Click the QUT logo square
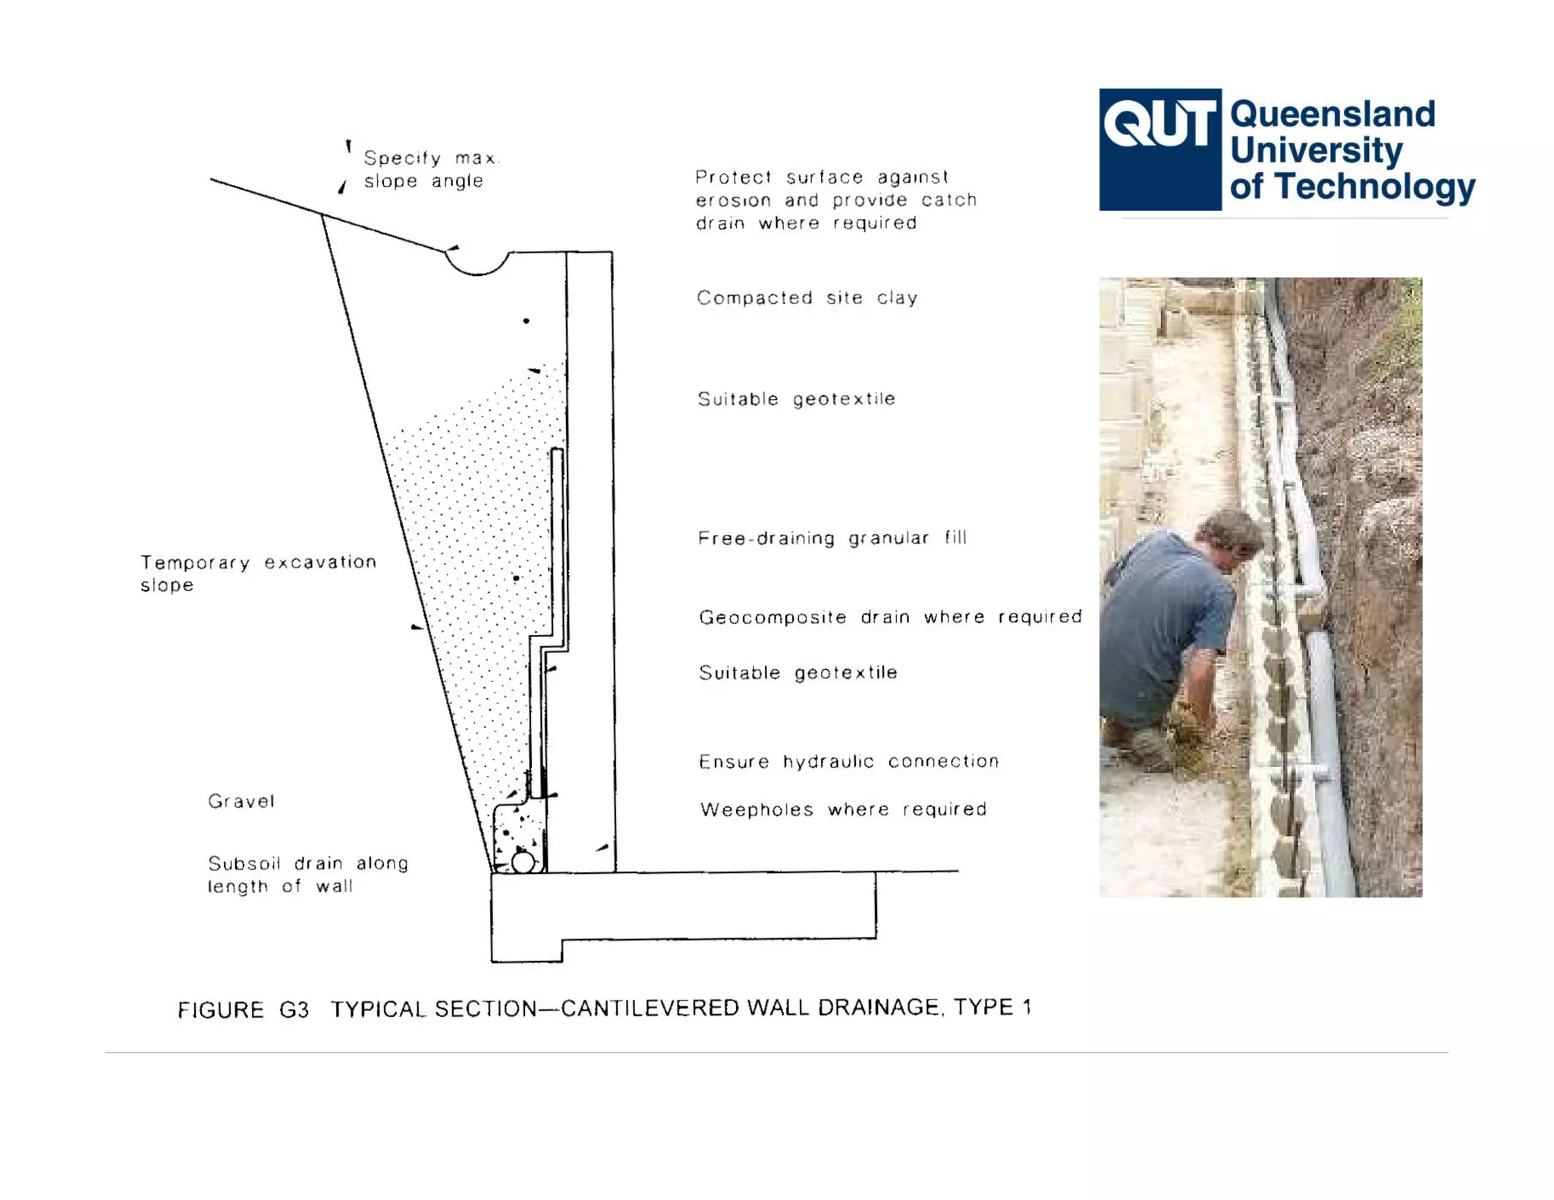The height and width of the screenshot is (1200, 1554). coord(1159,149)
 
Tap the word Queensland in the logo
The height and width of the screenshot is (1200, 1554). coord(1332,115)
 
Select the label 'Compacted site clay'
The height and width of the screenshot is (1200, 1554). coord(807,298)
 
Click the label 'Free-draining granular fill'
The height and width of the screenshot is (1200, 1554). coord(832,539)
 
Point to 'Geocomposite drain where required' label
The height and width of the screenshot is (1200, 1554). coord(890,617)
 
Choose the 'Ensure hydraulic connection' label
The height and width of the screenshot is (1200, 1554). coord(848,762)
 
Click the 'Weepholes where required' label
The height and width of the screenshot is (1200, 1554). coord(843,810)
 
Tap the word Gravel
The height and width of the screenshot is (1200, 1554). coord(241,802)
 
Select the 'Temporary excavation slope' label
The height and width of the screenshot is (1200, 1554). coord(258,573)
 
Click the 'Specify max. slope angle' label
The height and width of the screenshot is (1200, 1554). coord(430,170)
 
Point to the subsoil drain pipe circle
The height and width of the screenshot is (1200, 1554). coord(523,862)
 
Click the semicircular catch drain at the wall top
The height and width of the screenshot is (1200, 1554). coord(477,263)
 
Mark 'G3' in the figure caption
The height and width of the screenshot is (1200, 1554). coord(294,1010)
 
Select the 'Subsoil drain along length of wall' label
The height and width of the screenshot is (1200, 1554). coord(307,875)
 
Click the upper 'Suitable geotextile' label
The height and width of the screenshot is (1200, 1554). coord(796,400)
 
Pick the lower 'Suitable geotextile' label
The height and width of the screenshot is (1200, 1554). coord(797,674)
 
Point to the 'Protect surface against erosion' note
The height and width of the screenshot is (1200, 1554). coord(835,200)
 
